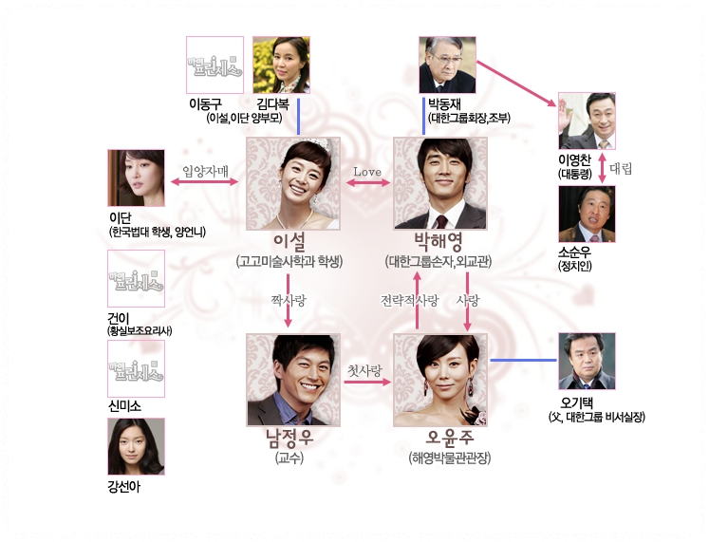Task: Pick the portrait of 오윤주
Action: [439, 379]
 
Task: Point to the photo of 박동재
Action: [447, 65]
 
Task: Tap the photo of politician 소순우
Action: [587, 215]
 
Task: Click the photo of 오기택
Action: [587, 362]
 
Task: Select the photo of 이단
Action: [136, 178]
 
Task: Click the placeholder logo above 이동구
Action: [215, 65]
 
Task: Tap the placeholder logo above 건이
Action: [136, 279]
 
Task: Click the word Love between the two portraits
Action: [367, 172]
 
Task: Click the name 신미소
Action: [125, 406]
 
